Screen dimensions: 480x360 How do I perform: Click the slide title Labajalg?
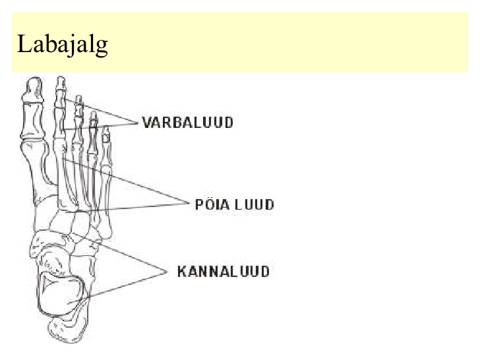click(63, 45)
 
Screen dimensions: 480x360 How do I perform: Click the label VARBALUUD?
click(188, 123)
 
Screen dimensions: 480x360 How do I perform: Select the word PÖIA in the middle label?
click(212, 204)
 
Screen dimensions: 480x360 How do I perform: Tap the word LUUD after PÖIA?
click(254, 204)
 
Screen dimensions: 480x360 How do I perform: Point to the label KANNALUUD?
click(224, 272)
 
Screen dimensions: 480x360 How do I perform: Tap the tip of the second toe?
click(61, 82)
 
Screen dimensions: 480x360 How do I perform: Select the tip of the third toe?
click(79, 100)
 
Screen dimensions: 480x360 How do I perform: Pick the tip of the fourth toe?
click(94, 117)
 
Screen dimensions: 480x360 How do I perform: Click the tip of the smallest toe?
click(106, 132)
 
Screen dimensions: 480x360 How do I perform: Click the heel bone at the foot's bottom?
click(68, 330)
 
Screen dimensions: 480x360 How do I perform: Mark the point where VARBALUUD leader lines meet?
click(138, 123)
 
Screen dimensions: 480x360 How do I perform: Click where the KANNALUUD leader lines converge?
click(167, 272)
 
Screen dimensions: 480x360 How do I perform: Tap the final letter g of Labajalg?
click(102, 48)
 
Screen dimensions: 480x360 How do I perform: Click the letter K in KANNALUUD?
click(183, 272)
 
